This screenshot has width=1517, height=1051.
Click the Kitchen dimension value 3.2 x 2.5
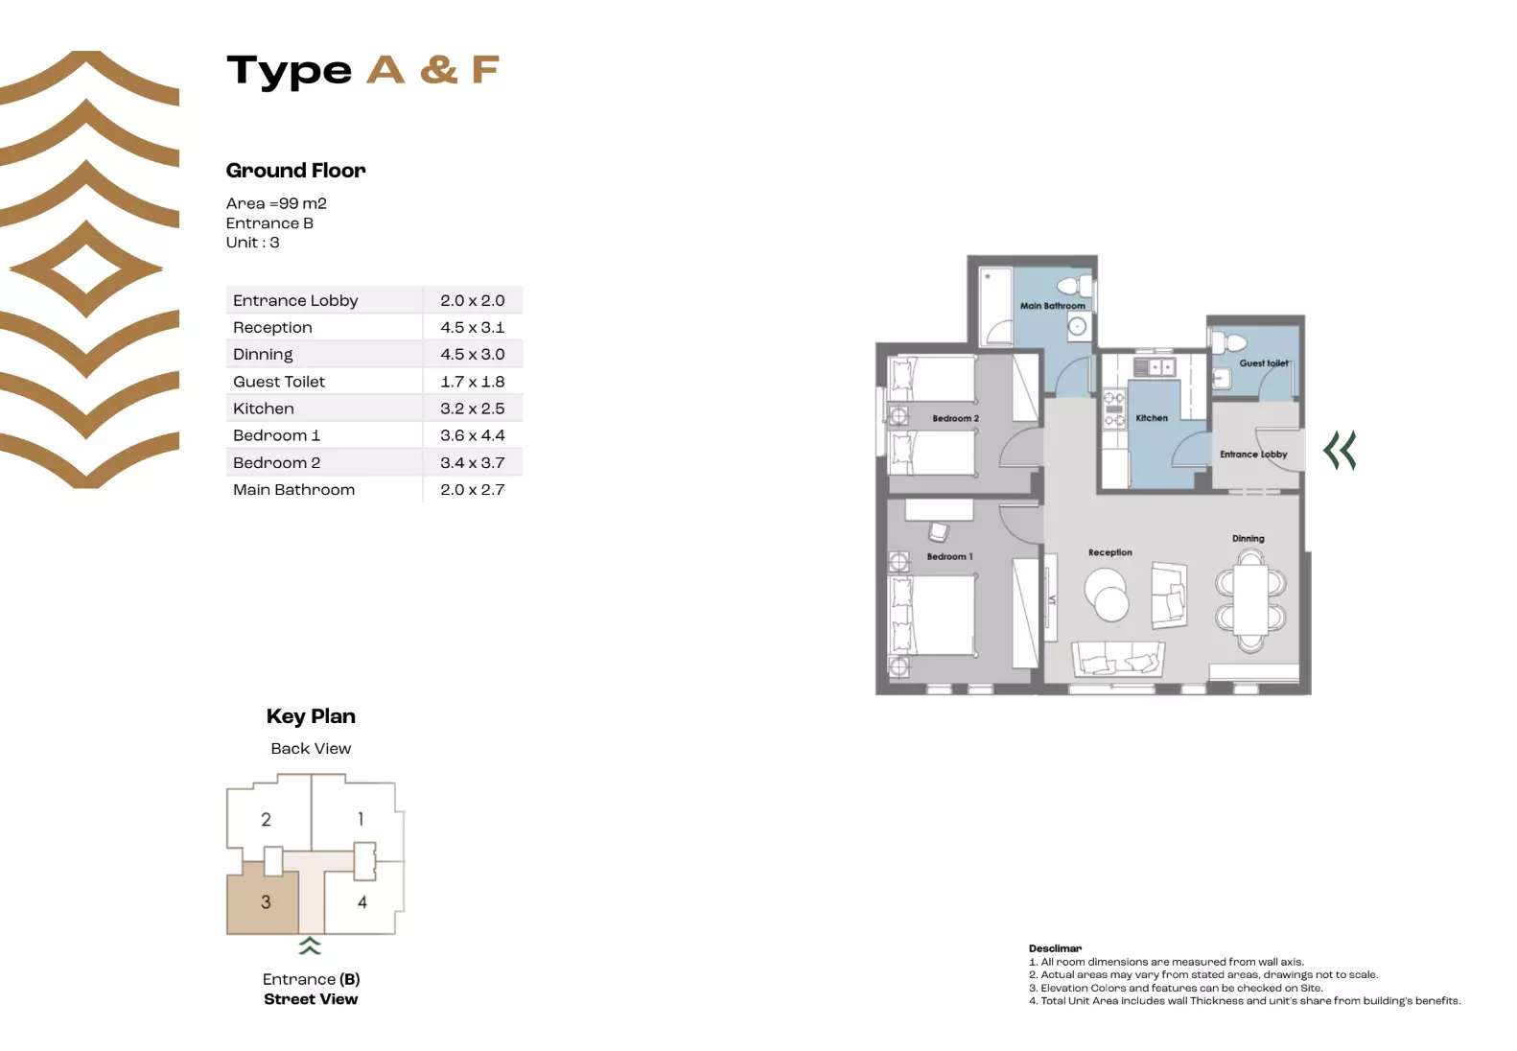click(x=472, y=409)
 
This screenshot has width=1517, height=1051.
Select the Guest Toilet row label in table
click(x=279, y=382)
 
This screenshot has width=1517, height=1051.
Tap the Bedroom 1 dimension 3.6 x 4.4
click(x=472, y=435)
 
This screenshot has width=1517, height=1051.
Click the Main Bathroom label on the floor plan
click(x=1052, y=306)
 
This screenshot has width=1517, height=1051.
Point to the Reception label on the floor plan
click(x=1109, y=552)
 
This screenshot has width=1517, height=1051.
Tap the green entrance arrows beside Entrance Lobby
click(x=1340, y=450)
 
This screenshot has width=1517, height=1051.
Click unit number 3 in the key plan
click(x=266, y=902)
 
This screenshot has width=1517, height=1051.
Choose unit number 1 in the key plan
click(x=361, y=819)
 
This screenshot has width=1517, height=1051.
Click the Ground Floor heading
click(x=295, y=171)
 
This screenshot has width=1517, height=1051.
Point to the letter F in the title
click(x=485, y=70)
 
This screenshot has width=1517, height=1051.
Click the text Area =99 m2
click(x=276, y=203)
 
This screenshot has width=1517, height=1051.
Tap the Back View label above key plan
click(x=311, y=748)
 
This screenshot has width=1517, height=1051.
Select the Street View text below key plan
click(x=311, y=999)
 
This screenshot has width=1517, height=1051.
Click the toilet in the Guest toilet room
click(x=1233, y=342)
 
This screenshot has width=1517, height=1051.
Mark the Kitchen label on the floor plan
click(x=1152, y=418)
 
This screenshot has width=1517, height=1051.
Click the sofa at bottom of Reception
click(x=1118, y=659)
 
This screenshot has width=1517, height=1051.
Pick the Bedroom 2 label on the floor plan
click(x=955, y=418)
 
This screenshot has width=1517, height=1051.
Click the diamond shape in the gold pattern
click(x=86, y=269)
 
